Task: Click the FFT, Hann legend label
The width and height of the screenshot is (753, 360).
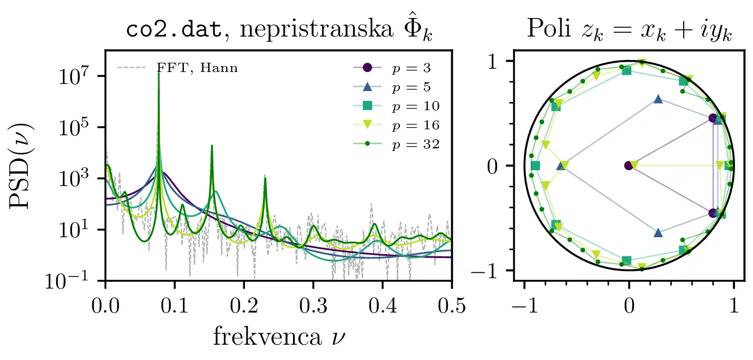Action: coord(197,69)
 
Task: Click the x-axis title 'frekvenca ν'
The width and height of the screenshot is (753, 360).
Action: coord(278,337)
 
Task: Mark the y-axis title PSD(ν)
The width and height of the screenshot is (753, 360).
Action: coord(22,165)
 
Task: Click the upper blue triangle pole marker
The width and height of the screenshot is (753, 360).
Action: coord(658,99)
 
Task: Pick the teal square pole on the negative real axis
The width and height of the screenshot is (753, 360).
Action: coord(535,165)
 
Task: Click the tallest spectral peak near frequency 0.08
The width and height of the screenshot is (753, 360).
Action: coord(159,74)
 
